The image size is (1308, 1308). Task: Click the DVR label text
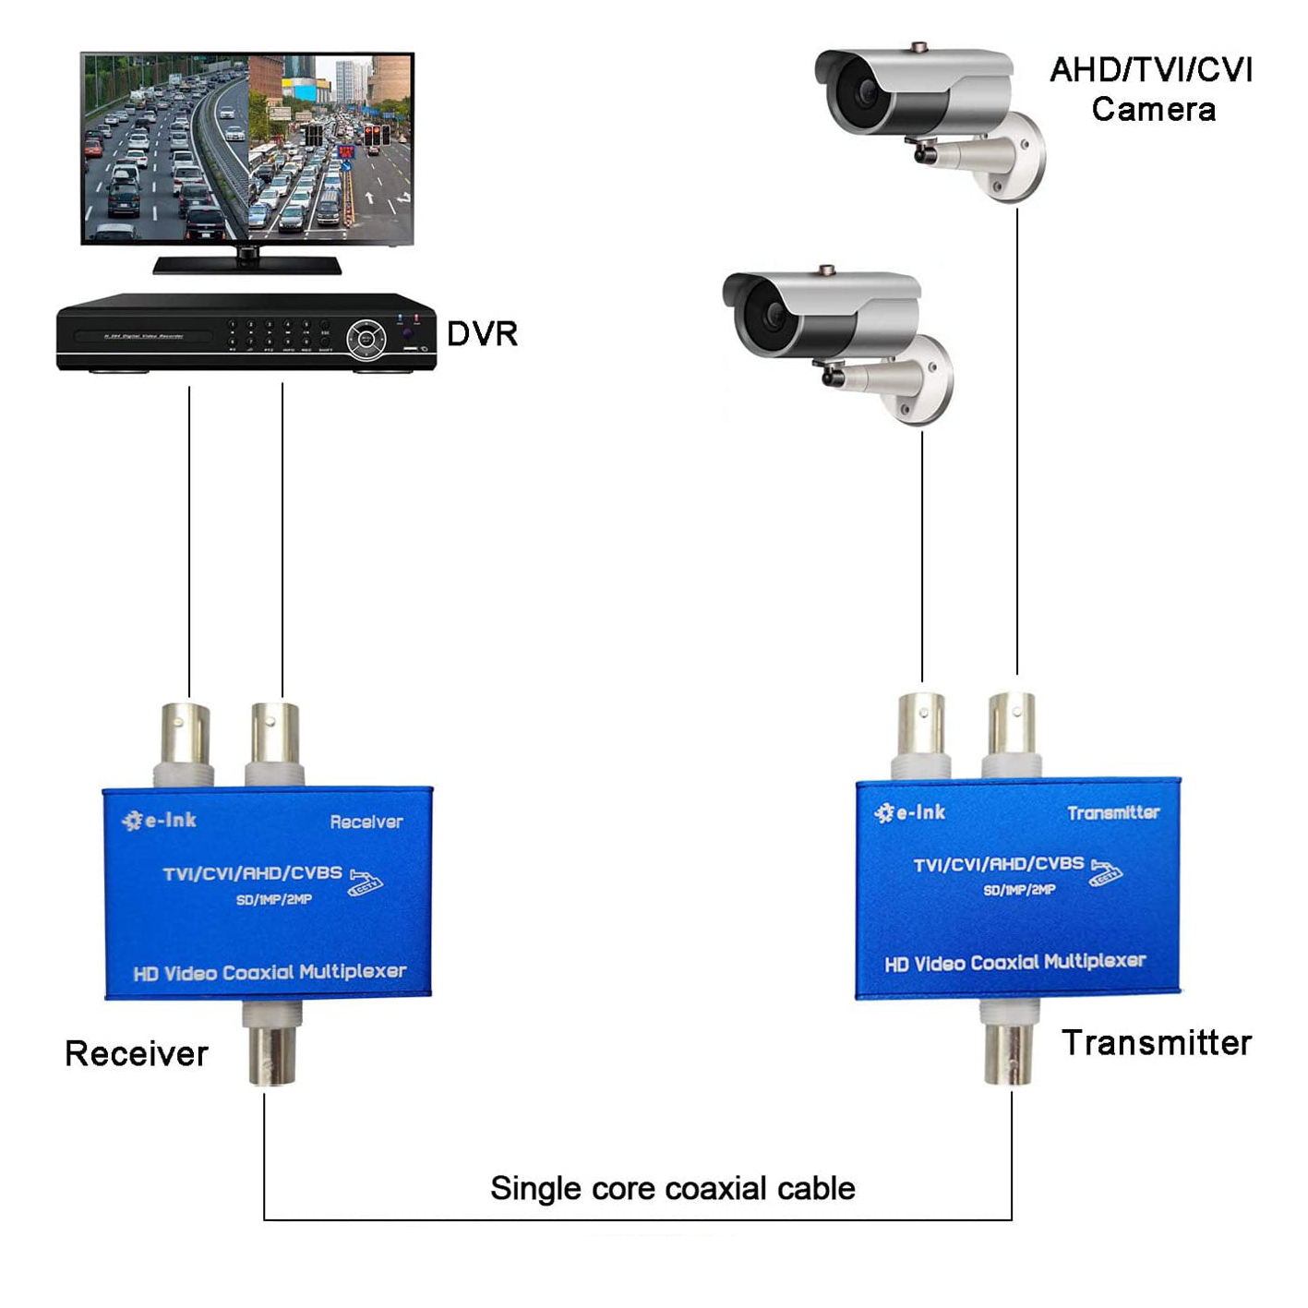(482, 334)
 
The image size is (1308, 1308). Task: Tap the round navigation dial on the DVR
(366, 338)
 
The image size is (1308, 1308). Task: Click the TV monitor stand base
(247, 265)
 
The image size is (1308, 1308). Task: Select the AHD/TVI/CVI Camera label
(1151, 90)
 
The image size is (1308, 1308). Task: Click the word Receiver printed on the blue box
(366, 822)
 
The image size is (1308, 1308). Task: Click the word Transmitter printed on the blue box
(1113, 813)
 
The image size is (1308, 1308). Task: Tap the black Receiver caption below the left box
(137, 1053)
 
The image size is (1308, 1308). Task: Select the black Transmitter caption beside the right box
(1157, 1043)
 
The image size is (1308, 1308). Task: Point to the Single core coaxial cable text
(672, 1188)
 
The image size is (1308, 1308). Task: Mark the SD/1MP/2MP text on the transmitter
(1019, 890)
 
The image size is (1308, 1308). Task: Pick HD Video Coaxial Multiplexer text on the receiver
(270, 972)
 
